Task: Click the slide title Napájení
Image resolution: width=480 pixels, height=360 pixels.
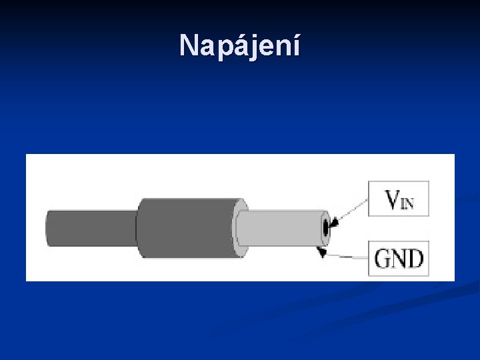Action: tap(240, 46)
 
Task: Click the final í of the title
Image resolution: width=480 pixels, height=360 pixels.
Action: tap(296, 45)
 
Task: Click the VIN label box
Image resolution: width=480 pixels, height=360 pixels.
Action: tap(399, 198)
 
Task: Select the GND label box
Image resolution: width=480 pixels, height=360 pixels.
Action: tap(399, 258)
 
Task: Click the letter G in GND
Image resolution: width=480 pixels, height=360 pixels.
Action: tap(382, 258)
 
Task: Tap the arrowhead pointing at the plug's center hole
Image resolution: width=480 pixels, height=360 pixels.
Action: tap(335, 223)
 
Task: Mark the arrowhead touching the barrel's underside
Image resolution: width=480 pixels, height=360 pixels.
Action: tap(322, 252)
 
